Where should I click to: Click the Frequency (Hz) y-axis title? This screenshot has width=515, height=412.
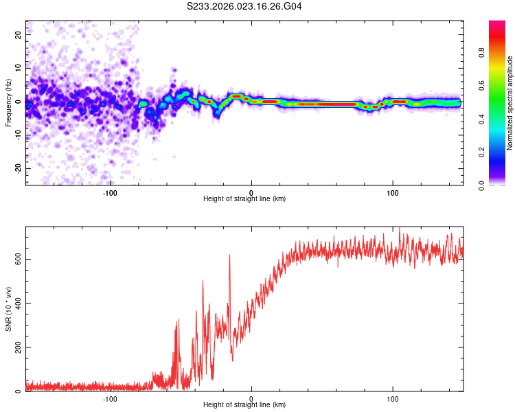8,103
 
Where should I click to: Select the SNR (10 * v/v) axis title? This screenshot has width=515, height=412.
8,309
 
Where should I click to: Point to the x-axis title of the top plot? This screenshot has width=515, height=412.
245,198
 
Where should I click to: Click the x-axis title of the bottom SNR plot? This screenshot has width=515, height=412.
245,404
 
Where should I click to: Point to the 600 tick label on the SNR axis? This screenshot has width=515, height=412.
15,259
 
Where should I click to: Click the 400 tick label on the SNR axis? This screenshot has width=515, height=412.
15,303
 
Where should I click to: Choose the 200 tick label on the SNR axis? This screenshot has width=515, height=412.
15,347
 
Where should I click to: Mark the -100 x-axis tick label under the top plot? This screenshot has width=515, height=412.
110,192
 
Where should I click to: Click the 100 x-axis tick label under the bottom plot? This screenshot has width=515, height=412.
393,398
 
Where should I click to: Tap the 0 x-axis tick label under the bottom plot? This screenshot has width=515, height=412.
251,398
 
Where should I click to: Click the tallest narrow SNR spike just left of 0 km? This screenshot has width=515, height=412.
229,256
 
